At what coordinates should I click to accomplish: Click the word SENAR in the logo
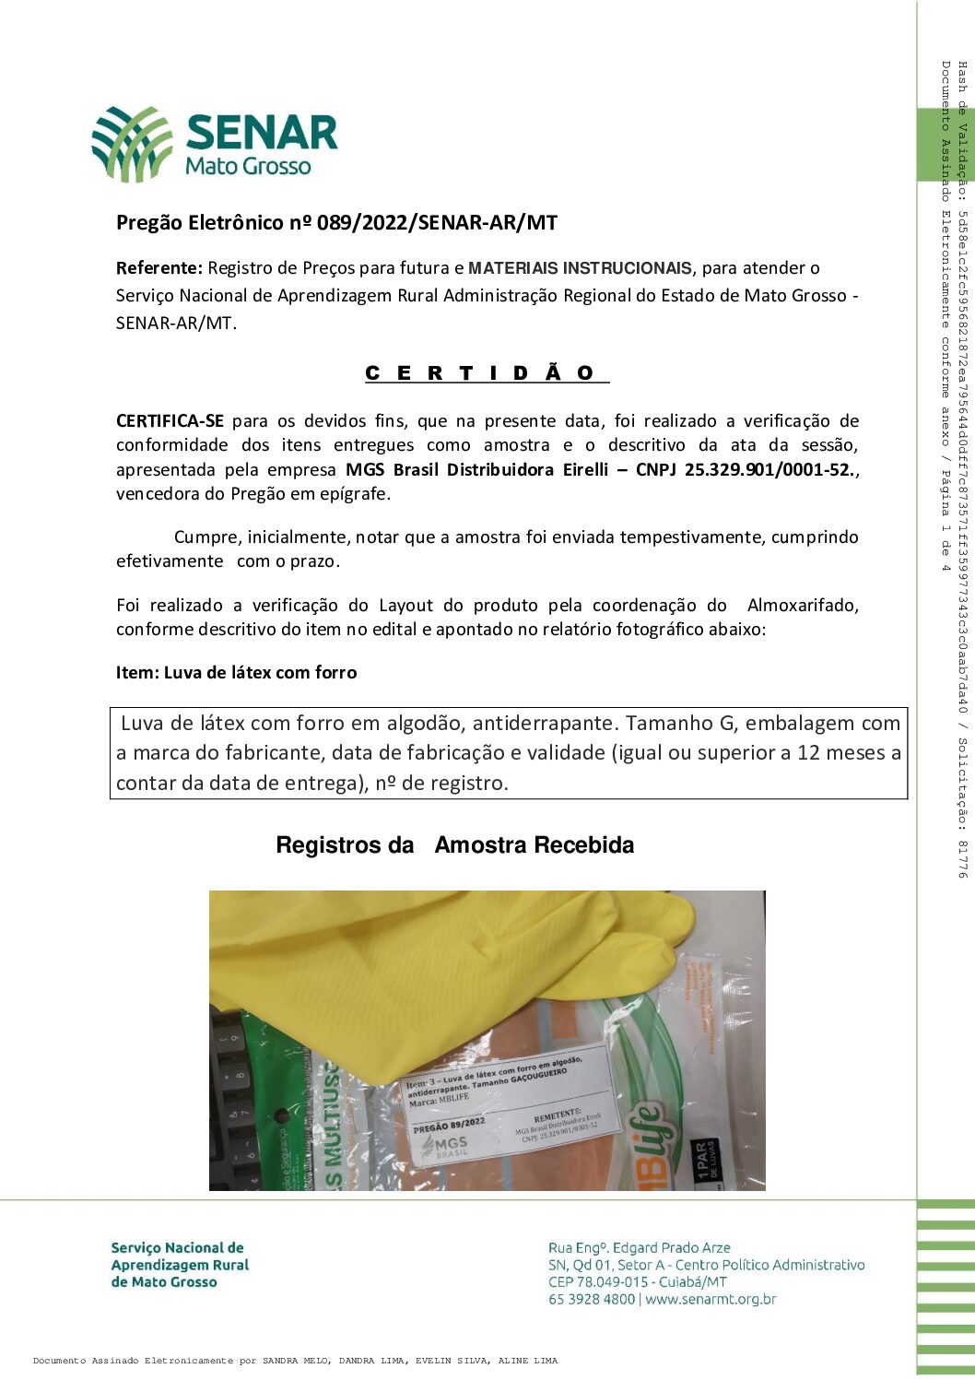click(x=263, y=133)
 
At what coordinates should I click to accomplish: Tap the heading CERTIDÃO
click(x=486, y=373)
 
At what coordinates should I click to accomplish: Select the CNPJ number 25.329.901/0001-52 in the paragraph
click(x=770, y=469)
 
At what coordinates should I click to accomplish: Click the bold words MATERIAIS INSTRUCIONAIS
click(x=580, y=268)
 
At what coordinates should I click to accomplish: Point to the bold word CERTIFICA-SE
click(x=170, y=421)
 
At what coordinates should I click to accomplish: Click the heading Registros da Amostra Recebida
click(x=454, y=844)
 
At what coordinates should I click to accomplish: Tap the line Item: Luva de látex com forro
click(x=236, y=672)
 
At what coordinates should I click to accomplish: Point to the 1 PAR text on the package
click(x=706, y=1160)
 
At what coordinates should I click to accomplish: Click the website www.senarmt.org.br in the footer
click(x=711, y=1299)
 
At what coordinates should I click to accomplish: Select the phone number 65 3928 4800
click(x=592, y=1299)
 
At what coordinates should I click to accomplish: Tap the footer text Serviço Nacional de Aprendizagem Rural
click(x=180, y=1264)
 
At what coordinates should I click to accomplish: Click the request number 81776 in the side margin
click(x=962, y=858)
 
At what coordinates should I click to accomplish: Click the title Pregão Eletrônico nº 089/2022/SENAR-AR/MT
click(x=336, y=222)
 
